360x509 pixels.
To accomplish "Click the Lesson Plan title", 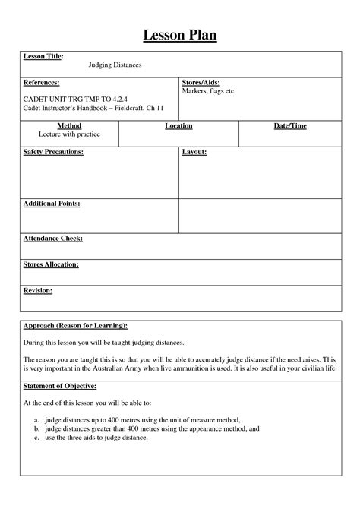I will click(x=179, y=35).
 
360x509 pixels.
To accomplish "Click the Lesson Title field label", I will click(x=43, y=57).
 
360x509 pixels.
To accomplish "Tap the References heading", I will click(x=42, y=82).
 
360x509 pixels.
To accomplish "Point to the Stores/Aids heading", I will click(x=201, y=82).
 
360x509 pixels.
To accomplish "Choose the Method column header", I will click(x=69, y=126).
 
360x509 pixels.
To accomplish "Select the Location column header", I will click(x=178, y=126).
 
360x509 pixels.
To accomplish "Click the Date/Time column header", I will click(x=290, y=126).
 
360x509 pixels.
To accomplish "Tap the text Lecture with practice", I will click(x=69, y=134).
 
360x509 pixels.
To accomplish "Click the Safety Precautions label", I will click(x=54, y=153).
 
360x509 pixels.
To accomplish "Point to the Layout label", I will click(x=194, y=153).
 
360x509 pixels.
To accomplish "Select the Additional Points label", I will click(x=52, y=204).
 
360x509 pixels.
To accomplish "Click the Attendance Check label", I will click(x=53, y=239).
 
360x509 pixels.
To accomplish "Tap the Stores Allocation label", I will click(x=51, y=265).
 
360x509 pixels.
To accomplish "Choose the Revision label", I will click(x=38, y=291).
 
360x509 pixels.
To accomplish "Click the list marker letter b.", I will click(x=36, y=429).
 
